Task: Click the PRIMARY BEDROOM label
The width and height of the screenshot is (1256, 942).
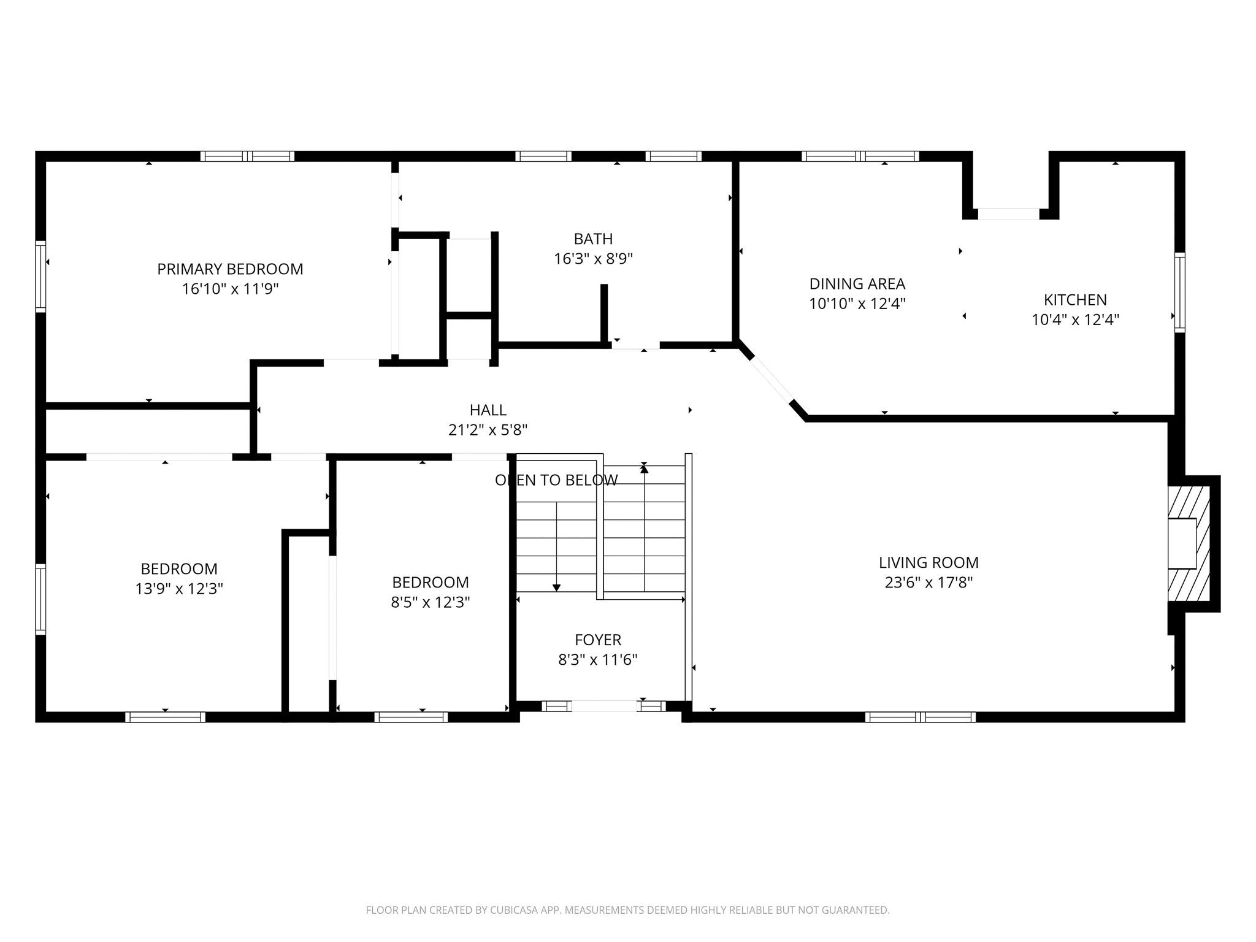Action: (x=230, y=269)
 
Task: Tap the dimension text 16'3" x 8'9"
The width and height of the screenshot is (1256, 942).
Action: (x=593, y=259)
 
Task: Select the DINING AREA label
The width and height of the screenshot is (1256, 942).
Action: (x=857, y=283)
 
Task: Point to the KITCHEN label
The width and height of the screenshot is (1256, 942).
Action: (x=1075, y=299)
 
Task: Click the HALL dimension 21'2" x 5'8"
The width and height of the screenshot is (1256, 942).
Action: (x=488, y=430)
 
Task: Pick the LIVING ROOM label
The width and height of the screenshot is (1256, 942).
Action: (x=929, y=562)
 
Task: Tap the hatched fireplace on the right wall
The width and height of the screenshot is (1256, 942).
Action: (x=1189, y=543)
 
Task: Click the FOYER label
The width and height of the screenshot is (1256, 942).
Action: (x=597, y=640)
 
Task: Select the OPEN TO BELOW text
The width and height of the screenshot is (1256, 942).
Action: (x=556, y=480)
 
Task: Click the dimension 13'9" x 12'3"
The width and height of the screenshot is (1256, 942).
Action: (x=178, y=589)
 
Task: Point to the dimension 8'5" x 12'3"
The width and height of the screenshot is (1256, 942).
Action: (x=430, y=602)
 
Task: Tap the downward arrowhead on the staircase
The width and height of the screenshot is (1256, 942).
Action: (x=556, y=588)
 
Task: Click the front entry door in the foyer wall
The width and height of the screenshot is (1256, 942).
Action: (x=604, y=706)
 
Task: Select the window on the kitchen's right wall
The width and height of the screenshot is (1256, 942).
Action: (x=1179, y=293)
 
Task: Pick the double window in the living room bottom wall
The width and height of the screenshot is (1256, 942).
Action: (x=920, y=716)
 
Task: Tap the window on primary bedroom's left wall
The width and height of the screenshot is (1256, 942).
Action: (x=40, y=276)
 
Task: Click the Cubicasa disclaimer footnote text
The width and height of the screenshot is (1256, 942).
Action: (x=627, y=911)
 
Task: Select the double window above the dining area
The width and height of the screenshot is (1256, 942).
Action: (x=860, y=156)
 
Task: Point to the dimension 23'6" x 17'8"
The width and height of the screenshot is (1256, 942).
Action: (x=929, y=583)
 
